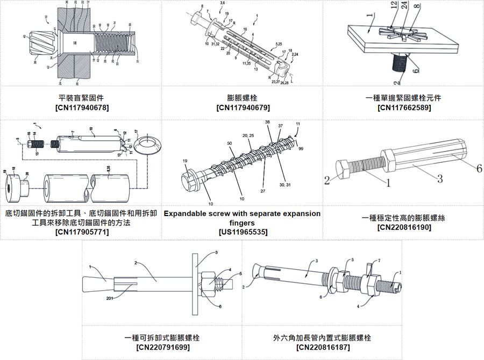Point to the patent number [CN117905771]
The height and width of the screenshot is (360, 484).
pyautogui.click(x=81, y=232)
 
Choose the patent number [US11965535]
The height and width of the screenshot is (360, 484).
pyautogui.click(x=242, y=232)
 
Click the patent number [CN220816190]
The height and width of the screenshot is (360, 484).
pyautogui.click(x=404, y=227)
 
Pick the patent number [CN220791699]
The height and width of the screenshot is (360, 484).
pyautogui.click(x=162, y=347)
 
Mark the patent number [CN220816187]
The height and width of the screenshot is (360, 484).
pyautogui.click(x=322, y=347)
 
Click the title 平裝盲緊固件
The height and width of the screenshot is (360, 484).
pyautogui.click(x=81, y=98)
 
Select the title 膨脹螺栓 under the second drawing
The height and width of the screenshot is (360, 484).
pyautogui.click(x=242, y=98)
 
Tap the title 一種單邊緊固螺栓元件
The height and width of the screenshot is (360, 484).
pyautogui.click(x=404, y=98)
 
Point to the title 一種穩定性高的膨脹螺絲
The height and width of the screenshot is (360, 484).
pyautogui.click(x=404, y=218)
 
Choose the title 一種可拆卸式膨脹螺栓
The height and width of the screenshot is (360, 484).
pyautogui.click(x=162, y=337)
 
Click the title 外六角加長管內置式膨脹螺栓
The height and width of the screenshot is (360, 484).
pyautogui.click(x=322, y=337)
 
